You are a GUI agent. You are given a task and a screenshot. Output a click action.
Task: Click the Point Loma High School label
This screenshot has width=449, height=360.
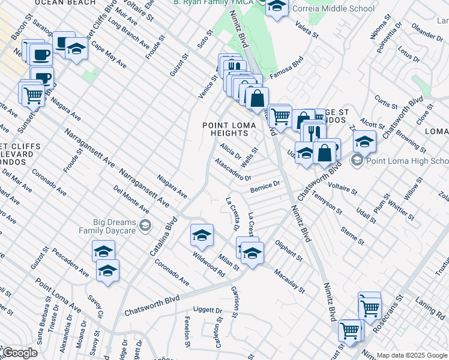pyautogui.click(x=407, y=161)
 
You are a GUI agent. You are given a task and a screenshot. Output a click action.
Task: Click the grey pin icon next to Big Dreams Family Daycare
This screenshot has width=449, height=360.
pyautogui.click(x=144, y=225)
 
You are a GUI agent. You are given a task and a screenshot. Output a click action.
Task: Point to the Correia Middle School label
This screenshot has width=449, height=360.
pyautogui.click(x=333, y=8)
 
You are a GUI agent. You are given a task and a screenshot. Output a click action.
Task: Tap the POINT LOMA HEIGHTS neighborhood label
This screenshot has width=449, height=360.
pyautogui.click(x=229, y=129)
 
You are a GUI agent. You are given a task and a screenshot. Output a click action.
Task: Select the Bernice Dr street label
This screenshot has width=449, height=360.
pyautogui.click(x=265, y=188)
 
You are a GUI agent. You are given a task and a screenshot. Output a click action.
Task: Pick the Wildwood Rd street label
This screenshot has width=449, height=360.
pyautogui.click(x=208, y=264)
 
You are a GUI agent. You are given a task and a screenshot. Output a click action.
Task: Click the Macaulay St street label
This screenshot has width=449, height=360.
pyautogui.click(x=290, y=281)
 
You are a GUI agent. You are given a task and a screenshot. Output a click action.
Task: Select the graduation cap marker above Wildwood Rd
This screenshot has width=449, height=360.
pyautogui.click(x=202, y=235)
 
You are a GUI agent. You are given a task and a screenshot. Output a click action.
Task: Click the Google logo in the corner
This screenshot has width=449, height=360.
pyautogui.click(x=19, y=353)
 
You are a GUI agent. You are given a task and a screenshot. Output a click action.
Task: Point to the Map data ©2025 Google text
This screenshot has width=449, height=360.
pyautogui.click(x=412, y=355)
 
